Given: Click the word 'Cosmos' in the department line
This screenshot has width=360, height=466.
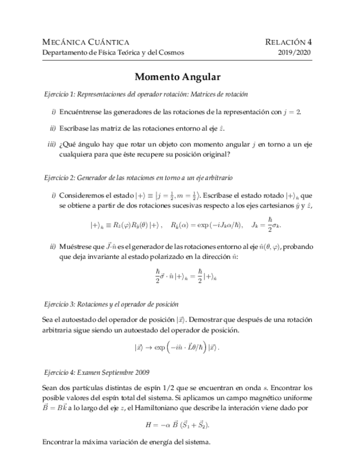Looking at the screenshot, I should tap(171, 53).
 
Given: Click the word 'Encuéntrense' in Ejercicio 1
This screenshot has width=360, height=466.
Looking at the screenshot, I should tap(81, 111).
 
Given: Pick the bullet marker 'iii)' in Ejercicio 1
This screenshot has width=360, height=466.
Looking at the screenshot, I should tap(51, 145).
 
